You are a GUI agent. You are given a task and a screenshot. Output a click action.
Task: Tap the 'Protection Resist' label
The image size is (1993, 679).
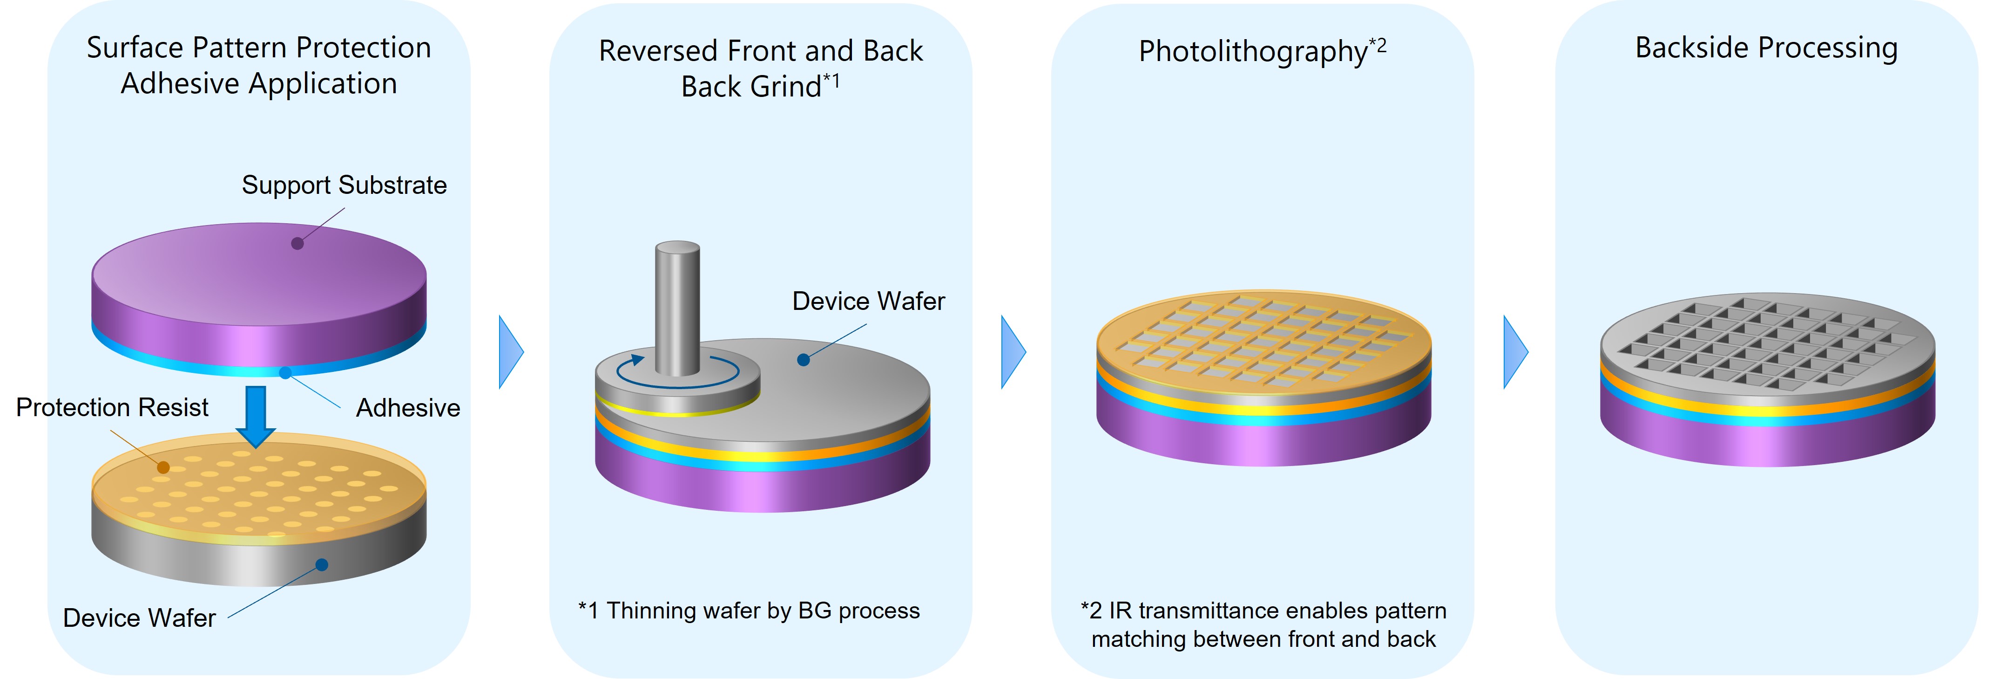pos(112,407)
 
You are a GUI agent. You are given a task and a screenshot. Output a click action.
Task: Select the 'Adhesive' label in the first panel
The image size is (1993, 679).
pos(408,408)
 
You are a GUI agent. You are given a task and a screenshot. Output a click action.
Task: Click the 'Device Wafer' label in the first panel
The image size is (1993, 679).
pos(139,618)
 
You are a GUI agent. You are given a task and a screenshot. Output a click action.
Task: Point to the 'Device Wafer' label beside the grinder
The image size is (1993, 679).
pos(868,301)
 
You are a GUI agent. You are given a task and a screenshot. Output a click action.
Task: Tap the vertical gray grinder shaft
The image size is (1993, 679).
pos(677,310)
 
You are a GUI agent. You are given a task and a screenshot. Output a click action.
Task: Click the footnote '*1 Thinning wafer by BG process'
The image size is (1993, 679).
pos(749,611)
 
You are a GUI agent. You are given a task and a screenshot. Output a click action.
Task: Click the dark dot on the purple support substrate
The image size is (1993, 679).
pos(297,244)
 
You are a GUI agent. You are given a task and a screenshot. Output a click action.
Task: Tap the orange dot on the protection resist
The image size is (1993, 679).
pos(163,467)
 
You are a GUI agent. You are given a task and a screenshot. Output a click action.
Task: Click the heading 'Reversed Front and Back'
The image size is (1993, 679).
pos(761,51)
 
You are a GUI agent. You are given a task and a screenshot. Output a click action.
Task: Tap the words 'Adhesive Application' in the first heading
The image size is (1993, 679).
pos(259,83)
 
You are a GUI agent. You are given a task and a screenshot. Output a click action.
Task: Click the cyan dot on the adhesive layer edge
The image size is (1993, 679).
pos(285,373)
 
